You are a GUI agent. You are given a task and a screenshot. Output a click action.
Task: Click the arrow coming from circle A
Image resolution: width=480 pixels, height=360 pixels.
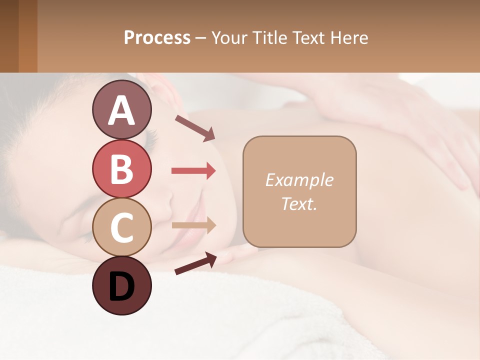point(195,127)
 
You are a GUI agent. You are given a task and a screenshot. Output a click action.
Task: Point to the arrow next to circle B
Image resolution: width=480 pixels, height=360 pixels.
point(193,171)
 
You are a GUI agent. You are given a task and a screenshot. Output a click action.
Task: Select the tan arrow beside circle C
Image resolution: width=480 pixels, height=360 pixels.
point(193,225)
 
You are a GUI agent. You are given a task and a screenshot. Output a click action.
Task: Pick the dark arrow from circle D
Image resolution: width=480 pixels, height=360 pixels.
point(195,263)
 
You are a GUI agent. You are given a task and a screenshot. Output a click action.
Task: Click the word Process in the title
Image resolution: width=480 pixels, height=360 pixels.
point(157,37)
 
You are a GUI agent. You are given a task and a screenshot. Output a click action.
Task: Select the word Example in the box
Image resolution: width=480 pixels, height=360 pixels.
point(299,180)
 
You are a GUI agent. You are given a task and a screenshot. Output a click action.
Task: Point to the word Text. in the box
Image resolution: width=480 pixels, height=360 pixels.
point(299,203)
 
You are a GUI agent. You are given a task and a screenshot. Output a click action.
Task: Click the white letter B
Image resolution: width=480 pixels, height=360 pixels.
point(121,169)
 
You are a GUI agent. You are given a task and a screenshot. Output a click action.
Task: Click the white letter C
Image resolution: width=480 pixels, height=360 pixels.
point(121,227)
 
